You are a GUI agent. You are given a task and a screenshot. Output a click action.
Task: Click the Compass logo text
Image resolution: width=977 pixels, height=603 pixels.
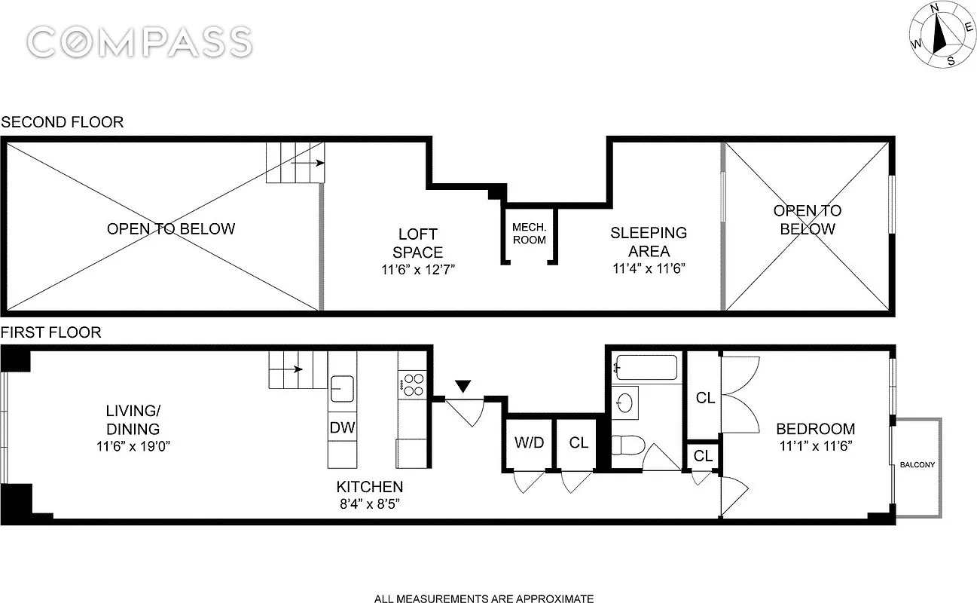click(139, 41)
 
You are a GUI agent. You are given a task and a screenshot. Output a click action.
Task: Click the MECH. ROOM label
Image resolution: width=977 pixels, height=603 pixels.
click(529, 234)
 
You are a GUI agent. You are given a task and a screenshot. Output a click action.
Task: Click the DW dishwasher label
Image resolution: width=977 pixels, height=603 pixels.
click(342, 427)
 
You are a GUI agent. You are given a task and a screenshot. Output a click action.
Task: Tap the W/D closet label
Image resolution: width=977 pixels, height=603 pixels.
click(529, 442)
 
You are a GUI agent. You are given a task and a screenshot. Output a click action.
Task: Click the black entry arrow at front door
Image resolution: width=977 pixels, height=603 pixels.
click(463, 387)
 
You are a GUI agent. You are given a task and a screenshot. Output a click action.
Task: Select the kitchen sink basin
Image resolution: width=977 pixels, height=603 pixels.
click(343, 388)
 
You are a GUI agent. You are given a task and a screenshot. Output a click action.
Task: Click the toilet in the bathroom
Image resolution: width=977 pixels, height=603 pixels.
click(625, 449)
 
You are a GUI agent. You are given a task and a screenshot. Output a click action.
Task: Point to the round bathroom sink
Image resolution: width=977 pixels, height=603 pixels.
click(625, 403)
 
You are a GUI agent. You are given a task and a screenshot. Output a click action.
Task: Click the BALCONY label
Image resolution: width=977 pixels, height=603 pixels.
click(917, 465)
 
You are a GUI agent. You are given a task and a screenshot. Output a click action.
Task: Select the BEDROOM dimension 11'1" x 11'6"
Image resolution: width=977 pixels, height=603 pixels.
click(815, 445)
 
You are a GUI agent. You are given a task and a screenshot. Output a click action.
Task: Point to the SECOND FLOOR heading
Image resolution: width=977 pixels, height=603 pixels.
click(62, 122)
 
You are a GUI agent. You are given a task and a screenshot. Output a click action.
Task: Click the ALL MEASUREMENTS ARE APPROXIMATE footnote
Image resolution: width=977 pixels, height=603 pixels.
click(484, 598)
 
